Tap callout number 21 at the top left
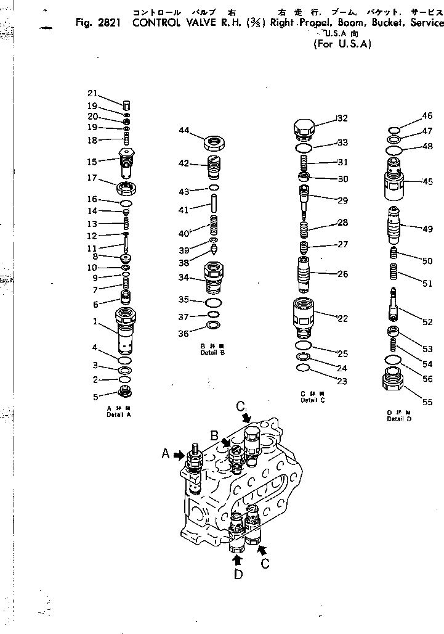(x=92, y=93)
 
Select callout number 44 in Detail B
(x=184, y=130)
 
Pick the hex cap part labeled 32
(x=303, y=130)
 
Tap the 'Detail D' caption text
(x=398, y=419)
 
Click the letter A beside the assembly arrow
(x=165, y=454)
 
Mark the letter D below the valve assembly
(x=238, y=574)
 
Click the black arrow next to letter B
(x=227, y=442)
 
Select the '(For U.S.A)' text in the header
(x=343, y=44)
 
